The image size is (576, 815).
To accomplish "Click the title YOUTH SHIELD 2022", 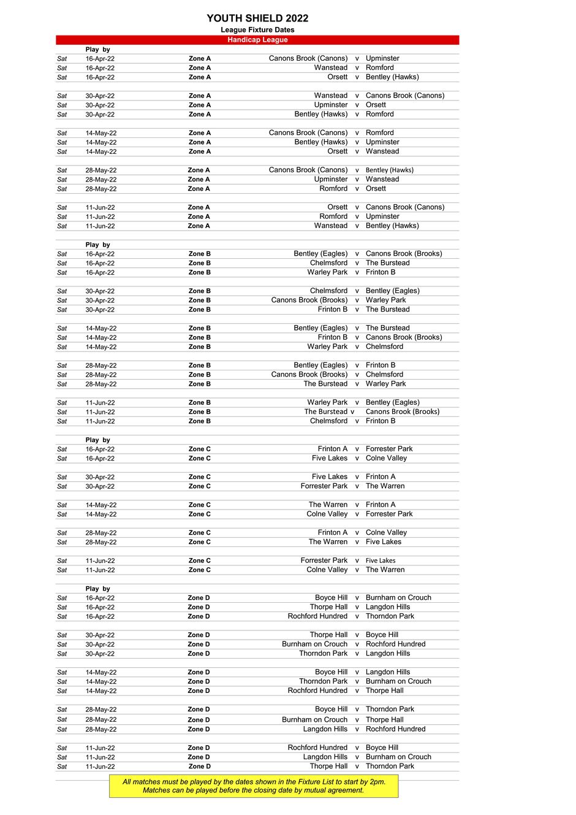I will point(257,18).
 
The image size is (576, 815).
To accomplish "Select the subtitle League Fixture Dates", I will point(257,30).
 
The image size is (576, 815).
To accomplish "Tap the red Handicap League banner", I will point(257,40).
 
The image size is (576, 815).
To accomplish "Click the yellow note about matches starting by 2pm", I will point(254,786).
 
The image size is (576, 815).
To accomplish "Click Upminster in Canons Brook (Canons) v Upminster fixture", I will point(382,59).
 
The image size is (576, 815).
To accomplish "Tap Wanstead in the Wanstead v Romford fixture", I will point(331,68).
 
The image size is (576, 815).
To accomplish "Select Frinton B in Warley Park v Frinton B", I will point(381,272).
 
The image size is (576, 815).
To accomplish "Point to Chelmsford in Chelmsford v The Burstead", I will point(328,263).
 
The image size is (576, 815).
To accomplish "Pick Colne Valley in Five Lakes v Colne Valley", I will point(386,458).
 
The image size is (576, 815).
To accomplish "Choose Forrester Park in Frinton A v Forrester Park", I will point(389,449).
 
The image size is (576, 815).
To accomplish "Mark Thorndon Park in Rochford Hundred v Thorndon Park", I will point(390,616).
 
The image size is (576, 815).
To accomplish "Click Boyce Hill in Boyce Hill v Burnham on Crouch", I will point(331,598).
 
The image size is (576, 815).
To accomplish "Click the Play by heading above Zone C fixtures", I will point(98,440).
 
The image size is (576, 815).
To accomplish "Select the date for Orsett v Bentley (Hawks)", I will point(100,77).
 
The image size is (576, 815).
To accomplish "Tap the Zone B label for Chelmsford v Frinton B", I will point(200,421).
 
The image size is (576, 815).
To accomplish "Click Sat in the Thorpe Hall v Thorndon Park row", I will point(62,767).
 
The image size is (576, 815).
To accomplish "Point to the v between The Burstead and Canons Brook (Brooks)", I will point(352,412).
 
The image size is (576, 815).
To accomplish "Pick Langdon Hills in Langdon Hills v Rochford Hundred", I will point(325,729).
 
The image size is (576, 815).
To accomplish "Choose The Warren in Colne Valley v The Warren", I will point(385,570).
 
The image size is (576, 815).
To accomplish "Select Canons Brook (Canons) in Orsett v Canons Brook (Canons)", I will point(405,207).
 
